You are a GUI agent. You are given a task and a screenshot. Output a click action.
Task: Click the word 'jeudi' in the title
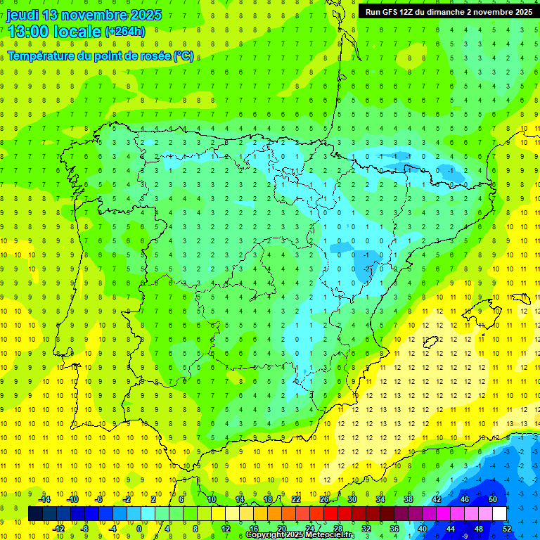click(22, 15)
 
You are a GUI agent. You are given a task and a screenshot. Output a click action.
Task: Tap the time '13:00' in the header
click(27, 32)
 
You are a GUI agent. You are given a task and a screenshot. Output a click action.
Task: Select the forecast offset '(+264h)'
click(125, 32)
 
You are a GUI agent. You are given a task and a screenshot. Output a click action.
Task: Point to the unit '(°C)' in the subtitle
click(184, 56)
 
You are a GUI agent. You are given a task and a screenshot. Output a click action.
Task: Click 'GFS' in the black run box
click(394, 12)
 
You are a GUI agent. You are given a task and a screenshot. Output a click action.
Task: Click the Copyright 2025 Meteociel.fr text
click(300, 535)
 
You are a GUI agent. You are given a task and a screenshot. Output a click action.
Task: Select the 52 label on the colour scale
click(507, 528)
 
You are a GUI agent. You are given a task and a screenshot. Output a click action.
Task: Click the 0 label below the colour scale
click(139, 528)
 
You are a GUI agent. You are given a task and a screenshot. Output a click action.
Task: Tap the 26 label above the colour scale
click(323, 499)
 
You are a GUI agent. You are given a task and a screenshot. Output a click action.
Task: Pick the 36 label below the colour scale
click(394, 528)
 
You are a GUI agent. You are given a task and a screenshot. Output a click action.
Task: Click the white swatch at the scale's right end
click(500, 513)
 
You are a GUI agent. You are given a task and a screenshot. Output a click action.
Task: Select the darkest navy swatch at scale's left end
click(35, 513)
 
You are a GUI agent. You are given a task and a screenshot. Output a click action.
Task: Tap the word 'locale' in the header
click(79, 32)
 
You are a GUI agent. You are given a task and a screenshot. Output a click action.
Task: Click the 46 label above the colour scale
click(464, 499)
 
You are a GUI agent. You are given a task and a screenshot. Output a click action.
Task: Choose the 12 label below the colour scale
click(226, 528)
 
